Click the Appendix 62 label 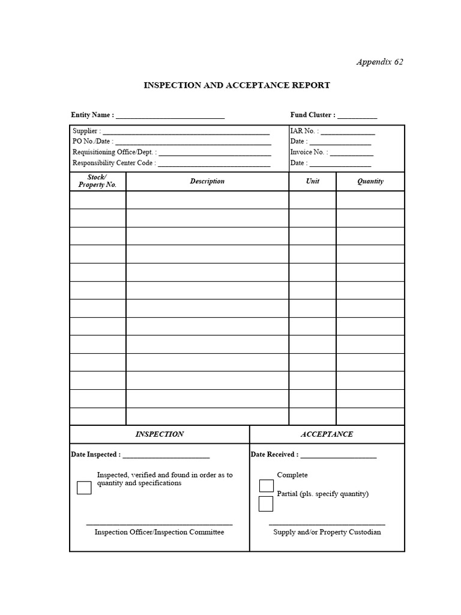point(379,62)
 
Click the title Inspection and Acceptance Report point(237,85)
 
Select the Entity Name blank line point(170,116)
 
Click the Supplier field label point(87,131)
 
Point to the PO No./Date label point(92,141)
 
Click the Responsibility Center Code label point(114,163)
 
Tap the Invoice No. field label point(309,152)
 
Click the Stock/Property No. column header point(97,181)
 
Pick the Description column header point(207,181)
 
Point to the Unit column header point(312,181)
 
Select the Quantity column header point(370,181)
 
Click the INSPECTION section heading point(159,434)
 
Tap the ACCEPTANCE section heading point(327,434)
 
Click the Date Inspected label point(95,455)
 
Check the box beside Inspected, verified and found point(84,488)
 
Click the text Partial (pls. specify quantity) point(322,494)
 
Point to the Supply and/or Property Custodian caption point(327,532)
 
